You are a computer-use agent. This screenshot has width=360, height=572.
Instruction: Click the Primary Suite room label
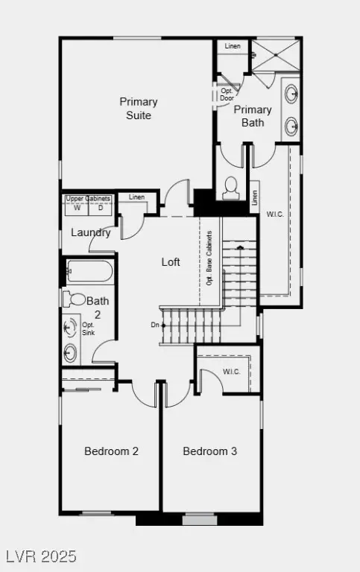click(x=139, y=109)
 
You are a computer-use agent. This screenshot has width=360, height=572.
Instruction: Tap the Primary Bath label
click(x=253, y=116)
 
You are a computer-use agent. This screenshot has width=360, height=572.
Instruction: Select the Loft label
click(x=171, y=262)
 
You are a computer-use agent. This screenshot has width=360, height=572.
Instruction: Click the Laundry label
click(x=91, y=232)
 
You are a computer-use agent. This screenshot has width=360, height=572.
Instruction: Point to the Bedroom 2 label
click(x=111, y=451)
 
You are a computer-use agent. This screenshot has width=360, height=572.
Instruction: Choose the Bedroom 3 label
click(x=210, y=451)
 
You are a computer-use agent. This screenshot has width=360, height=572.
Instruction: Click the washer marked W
click(x=76, y=209)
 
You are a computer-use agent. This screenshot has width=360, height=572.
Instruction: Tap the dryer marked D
click(x=101, y=209)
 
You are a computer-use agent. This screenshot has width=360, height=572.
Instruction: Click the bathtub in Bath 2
click(x=89, y=272)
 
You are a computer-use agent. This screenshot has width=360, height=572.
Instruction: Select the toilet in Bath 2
click(x=76, y=299)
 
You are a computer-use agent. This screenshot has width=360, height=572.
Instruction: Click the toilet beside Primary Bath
click(x=230, y=186)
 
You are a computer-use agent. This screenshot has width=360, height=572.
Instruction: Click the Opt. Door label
click(x=227, y=94)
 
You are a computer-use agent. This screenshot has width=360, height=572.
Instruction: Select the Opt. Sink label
click(x=88, y=329)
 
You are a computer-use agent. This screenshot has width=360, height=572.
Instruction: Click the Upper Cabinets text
click(x=88, y=199)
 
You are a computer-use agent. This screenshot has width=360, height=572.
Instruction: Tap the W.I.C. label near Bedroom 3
click(x=231, y=372)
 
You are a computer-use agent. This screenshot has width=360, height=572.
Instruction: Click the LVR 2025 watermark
click(x=40, y=556)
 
